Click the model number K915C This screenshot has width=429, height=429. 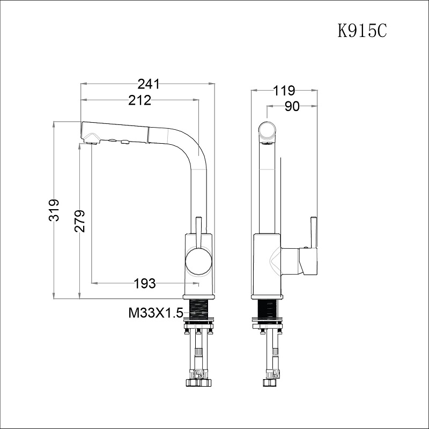click(x=362, y=31)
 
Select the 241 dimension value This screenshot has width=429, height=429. click(x=149, y=84)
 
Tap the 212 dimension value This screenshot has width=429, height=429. click(x=139, y=100)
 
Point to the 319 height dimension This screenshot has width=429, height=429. click(x=54, y=210)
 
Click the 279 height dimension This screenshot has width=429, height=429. click(x=79, y=221)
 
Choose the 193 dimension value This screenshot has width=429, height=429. click(x=145, y=283)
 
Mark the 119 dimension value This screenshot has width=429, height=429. click(x=284, y=91)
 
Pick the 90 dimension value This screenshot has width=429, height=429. click(x=292, y=106)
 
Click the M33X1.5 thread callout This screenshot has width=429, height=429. click(x=156, y=313)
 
